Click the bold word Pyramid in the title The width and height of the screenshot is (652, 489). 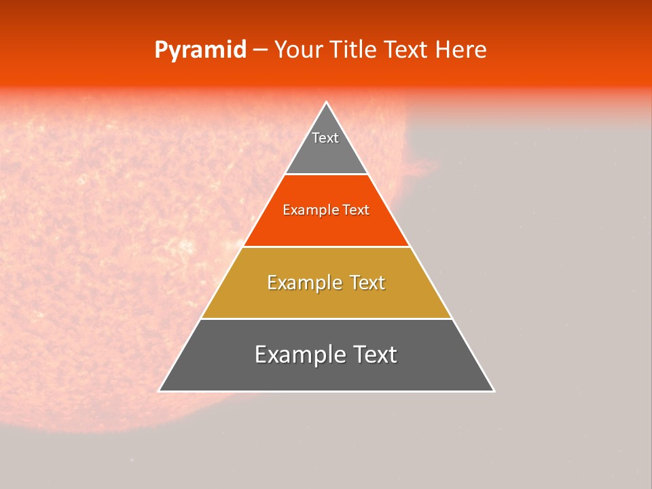coord(200,50)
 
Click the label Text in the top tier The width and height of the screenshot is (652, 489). coord(325,138)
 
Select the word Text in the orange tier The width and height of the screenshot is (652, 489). coord(356,211)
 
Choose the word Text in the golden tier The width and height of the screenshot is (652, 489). coord(365,283)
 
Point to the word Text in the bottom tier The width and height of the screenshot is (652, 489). coord(374,355)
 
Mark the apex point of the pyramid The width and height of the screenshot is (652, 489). coord(327,103)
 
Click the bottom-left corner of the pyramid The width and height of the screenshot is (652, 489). coord(160,391)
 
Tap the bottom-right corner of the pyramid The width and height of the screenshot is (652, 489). coord(494,391)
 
